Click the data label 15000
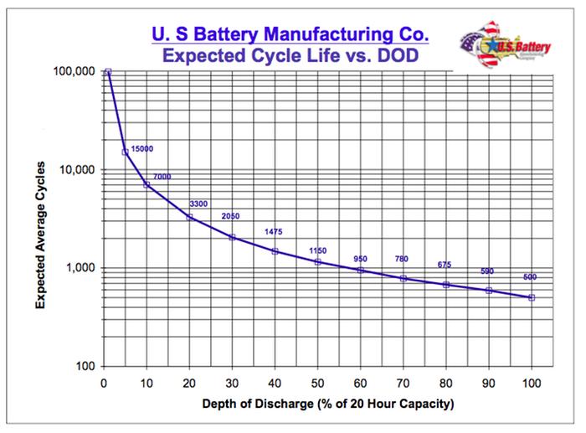(142, 149)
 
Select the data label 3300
(198, 204)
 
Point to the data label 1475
(275, 231)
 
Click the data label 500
(530, 277)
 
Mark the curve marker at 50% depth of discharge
(318, 262)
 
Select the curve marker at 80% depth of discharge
(446, 285)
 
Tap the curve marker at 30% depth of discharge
(232, 237)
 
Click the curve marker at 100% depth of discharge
(532, 297)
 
